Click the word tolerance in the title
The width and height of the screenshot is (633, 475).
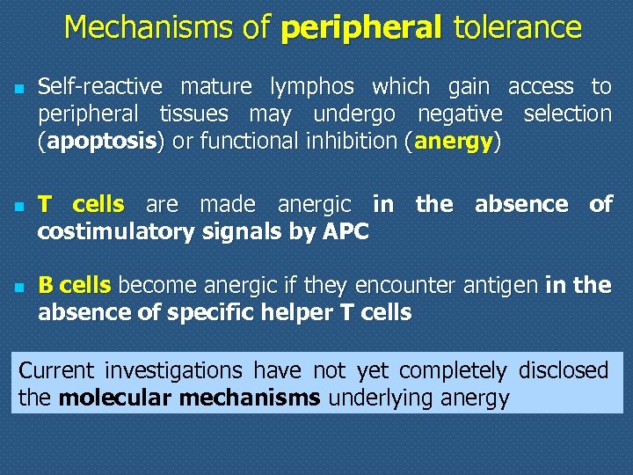[517, 28]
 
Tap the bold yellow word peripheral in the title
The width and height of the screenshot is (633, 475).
[360, 29]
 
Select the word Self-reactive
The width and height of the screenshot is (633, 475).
[99, 87]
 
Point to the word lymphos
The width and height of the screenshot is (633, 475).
[311, 87]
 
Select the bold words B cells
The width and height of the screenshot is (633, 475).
[75, 285]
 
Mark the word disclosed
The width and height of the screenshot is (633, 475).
[564, 370]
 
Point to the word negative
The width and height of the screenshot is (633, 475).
[460, 114]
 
